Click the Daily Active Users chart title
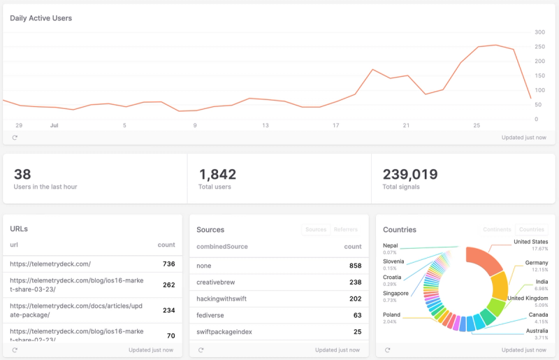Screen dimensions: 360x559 [x=41, y=18]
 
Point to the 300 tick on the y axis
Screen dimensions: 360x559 [x=539, y=32]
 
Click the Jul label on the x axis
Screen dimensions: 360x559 [x=54, y=126]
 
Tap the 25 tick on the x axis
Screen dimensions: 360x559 [x=477, y=126]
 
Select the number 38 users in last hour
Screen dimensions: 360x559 [x=22, y=174]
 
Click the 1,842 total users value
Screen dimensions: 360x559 [x=217, y=174]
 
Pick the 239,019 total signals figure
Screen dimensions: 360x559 [x=410, y=174]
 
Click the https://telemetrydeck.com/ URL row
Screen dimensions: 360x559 [x=50, y=264]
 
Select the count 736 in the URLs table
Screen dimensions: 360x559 [x=168, y=264]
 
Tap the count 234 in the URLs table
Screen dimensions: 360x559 [x=168, y=310]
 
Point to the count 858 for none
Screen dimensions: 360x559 [x=355, y=266]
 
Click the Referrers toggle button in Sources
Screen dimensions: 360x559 [x=346, y=229]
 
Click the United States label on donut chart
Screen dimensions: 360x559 [x=530, y=242]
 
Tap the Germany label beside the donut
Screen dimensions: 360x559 [x=536, y=263]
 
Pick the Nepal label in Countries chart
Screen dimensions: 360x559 [x=391, y=245]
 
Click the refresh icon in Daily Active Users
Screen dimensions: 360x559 [x=15, y=138]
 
